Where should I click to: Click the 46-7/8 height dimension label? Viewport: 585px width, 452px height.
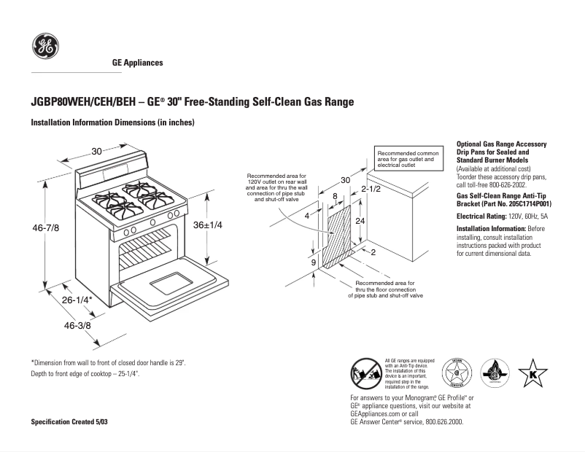click(x=45, y=228)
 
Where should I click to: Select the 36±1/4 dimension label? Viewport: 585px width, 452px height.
click(x=207, y=225)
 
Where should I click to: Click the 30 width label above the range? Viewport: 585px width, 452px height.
click(x=96, y=152)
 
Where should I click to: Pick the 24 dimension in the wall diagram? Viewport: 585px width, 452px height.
click(x=360, y=219)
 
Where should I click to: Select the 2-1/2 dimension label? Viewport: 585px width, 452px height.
click(x=372, y=190)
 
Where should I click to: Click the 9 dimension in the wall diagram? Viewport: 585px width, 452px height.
click(x=313, y=262)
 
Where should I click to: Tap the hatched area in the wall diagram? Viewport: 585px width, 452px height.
click(x=337, y=237)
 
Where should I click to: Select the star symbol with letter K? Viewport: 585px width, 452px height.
click(x=532, y=373)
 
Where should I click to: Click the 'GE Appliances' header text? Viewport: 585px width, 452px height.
click(x=137, y=63)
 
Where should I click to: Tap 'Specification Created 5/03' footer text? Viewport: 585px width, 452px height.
click(x=69, y=422)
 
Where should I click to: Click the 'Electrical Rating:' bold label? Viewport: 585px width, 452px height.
click(x=481, y=217)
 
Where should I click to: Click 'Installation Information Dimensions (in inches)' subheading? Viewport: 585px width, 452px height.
click(x=112, y=122)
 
